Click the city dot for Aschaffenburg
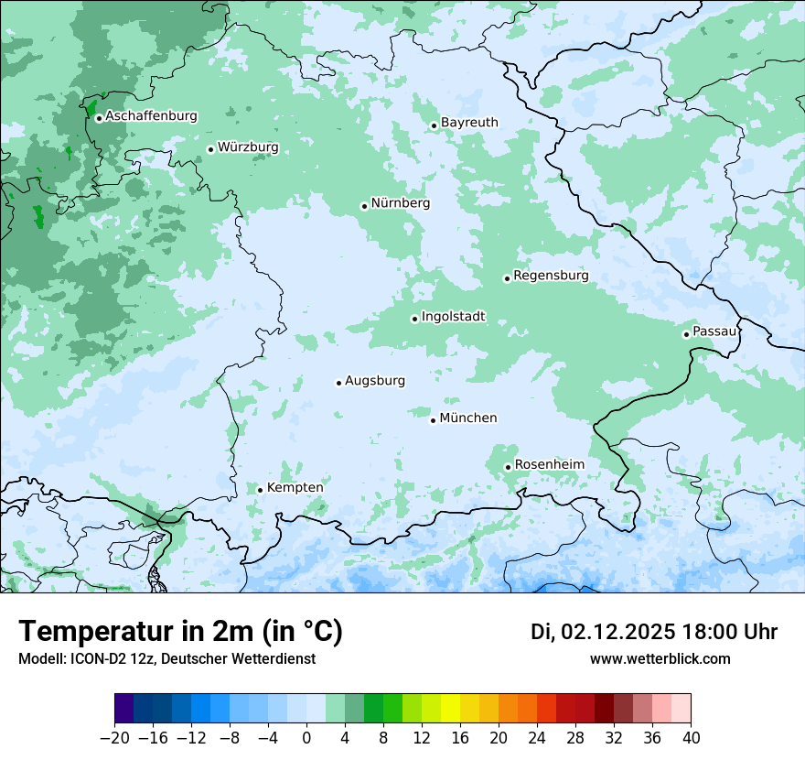point(99,117)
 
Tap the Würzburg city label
point(248,147)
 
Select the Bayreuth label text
point(469,123)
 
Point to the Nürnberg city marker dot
point(364,206)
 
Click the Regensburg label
point(551,276)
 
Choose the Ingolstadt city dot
point(414,319)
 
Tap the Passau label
point(714,331)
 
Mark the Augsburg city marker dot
point(338,383)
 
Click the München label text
point(468,418)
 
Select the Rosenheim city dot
point(508,467)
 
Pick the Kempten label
point(295,488)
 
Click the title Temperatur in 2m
point(181,632)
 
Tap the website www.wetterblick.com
point(660,659)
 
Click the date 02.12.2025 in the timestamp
point(618,632)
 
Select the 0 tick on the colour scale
point(306,738)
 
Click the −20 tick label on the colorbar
point(114,738)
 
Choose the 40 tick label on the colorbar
point(691,738)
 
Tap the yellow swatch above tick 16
point(450,709)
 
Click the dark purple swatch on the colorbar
point(124,709)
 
